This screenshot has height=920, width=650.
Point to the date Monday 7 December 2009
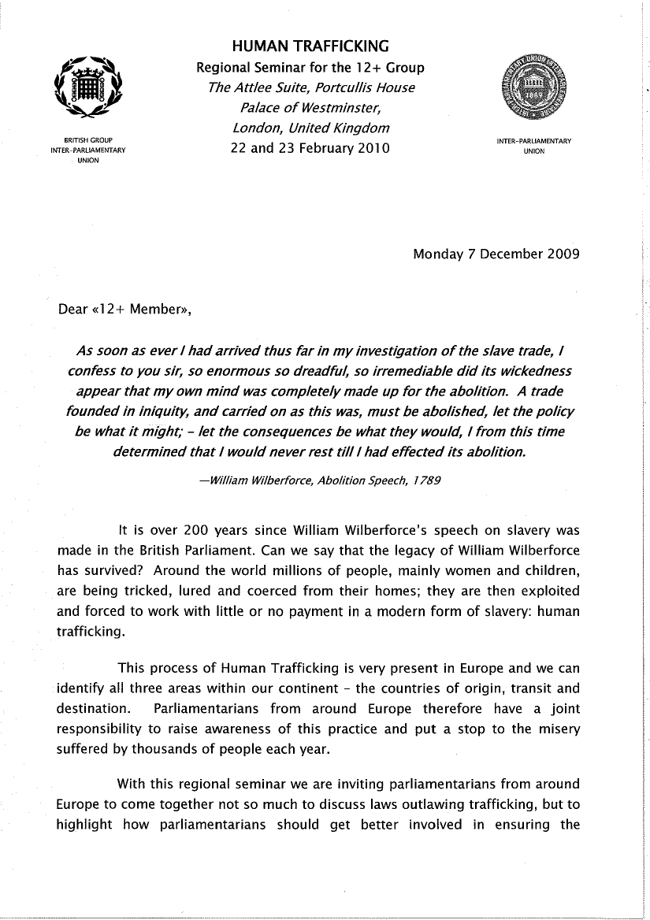496,254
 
